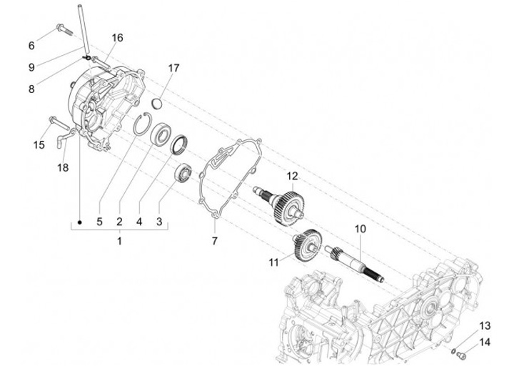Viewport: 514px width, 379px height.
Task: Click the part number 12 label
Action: point(292,176)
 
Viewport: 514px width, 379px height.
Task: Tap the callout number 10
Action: point(360,230)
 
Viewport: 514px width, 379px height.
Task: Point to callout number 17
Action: point(173,68)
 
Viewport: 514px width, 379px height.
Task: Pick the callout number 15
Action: point(39,144)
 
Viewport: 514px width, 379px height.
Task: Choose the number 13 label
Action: point(485,325)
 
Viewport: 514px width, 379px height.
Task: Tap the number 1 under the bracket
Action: point(119,242)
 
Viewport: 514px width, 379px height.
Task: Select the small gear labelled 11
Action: point(308,242)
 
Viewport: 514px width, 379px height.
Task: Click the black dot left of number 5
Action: point(81,221)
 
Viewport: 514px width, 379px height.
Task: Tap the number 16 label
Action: point(117,37)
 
